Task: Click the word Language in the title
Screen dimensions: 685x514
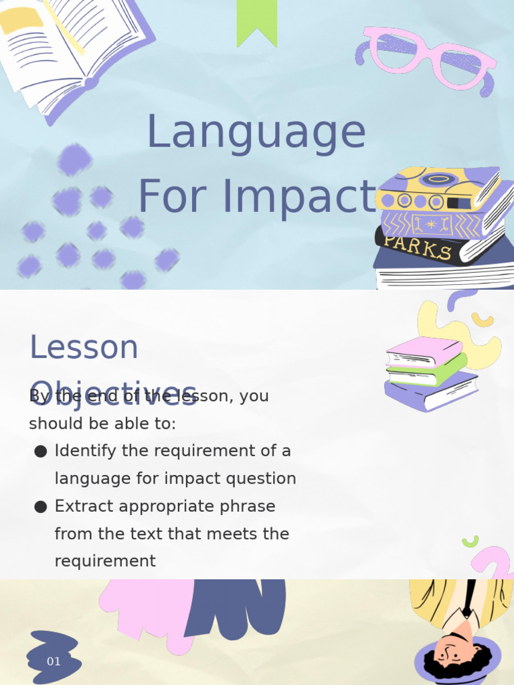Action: (256, 132)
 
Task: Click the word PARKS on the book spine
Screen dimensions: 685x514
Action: (418, 247)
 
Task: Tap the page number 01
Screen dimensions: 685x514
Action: (54, 662)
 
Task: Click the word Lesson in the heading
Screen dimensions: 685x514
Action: (84, 347)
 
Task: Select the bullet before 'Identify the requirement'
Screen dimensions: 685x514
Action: (40, 452)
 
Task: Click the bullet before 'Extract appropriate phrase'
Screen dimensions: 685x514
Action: (40, 507)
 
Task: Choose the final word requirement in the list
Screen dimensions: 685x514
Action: (105, 561)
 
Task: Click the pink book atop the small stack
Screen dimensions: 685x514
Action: (423, 351)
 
